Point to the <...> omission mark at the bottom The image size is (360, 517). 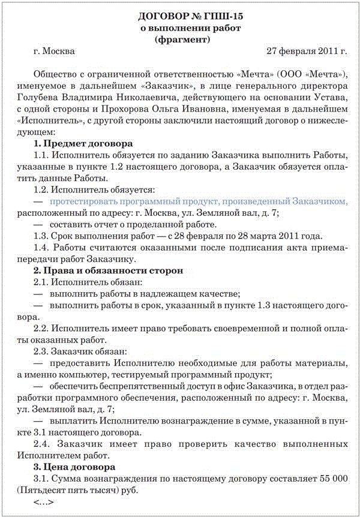coord(44,501)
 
